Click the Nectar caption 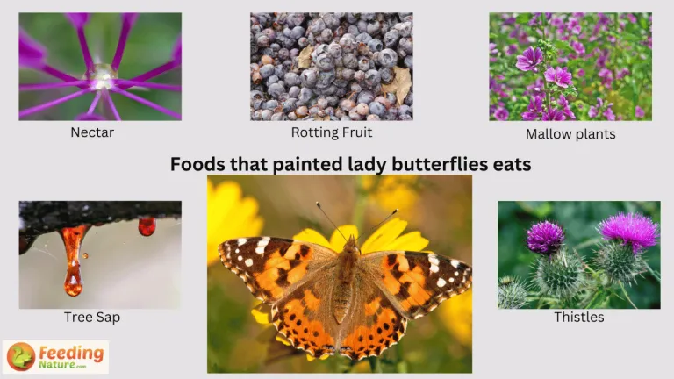(x=92, y=133)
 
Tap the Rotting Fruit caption (x=332, y=132)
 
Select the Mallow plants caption (x=570, y=134)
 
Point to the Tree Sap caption (x=92, y=317)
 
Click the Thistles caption (x=579, y=317)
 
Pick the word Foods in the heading (x=194, y=164)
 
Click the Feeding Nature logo (x=55, y=356)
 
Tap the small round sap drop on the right (x=147, y=226)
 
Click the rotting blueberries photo (x=332, y=66)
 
